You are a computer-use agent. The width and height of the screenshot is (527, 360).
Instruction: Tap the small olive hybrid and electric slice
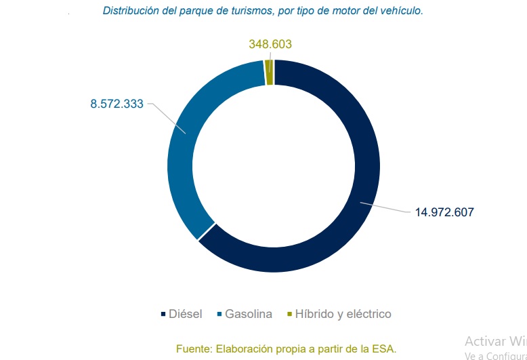pyautogui.click(x=270, y=72)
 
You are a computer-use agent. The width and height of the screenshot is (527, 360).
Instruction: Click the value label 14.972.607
pyautogui.click(x=444, y=212)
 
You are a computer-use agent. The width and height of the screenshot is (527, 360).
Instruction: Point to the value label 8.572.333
pyautogui.click(x=117, y=104)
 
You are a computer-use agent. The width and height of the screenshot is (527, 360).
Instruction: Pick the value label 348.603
pyautogui.click(x=270, y=44)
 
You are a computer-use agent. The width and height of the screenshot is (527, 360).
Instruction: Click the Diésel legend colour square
pyautogui.click(x=163, y=315)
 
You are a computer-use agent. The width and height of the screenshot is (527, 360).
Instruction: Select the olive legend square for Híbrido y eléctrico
pyautogui.click(x=290, y=315)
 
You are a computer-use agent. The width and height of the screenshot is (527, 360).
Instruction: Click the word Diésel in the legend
pyautogui.click(x=186, y=315)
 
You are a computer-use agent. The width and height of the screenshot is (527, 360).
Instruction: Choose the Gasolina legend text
pyautogui.click(x=249, y=315)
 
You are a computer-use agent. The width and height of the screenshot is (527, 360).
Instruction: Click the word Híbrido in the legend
pyautogui.click(x=315, y=315)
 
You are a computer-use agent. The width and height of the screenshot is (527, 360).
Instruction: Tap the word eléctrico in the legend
pyautogui.click(x=368, y=315)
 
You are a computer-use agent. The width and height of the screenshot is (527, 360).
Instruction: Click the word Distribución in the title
pyautogui.click(x=130, y=11)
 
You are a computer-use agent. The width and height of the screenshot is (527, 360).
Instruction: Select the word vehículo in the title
pyautogui.click(x=401, y=11)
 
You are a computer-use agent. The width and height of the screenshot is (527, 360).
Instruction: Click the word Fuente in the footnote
pyautogui.click(x=193, y=348)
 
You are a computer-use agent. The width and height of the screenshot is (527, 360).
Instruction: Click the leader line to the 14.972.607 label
pyautogui.click(x=386, y=207)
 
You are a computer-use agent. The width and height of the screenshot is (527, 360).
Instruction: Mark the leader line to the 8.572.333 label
pyautogui.click(x=166, y=117)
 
